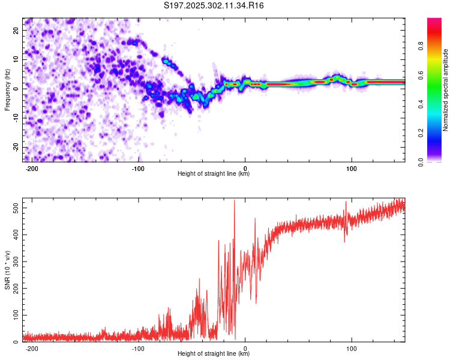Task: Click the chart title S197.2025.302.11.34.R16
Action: tap(214, 5)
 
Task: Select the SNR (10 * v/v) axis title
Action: tap(7, 270)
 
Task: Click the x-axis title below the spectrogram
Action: tap(214, 174)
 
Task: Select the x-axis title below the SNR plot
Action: tap(214, 354)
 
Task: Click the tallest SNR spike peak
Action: tap(235, 200)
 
